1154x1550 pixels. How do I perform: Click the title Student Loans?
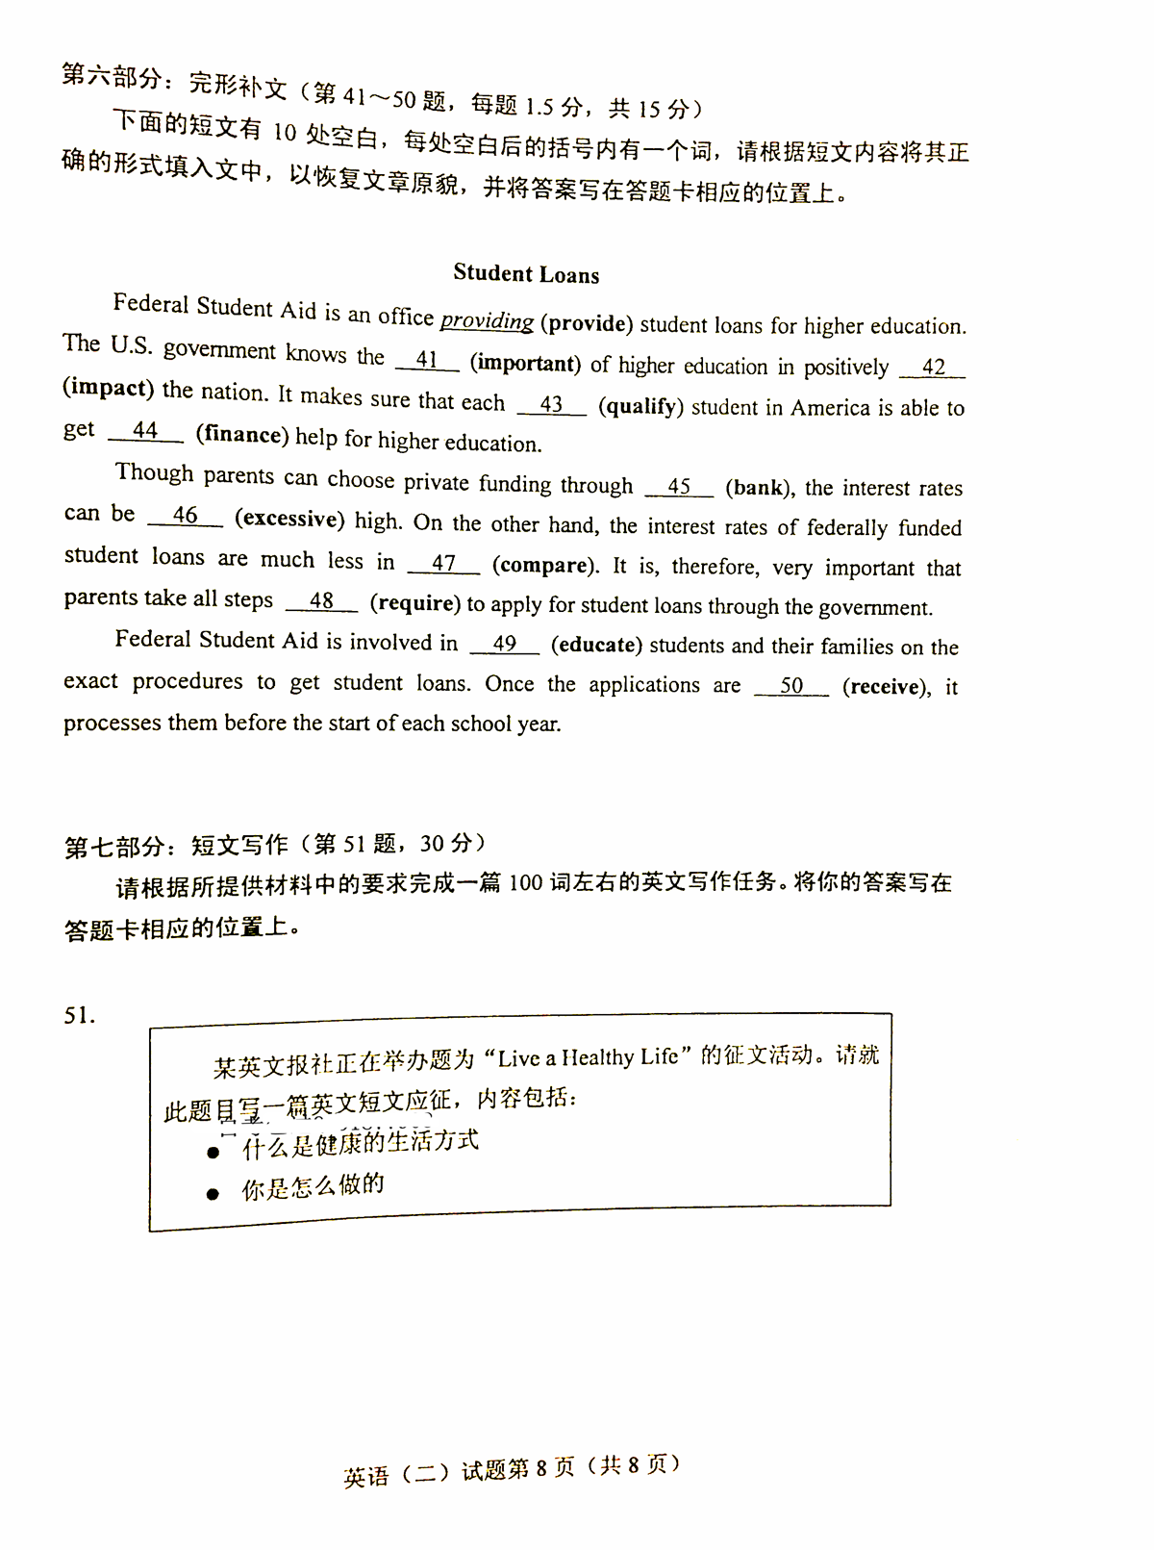[x=526, y=274]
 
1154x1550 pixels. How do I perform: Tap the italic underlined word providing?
[x=487, y=320]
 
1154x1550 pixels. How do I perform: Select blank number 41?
[x=427, y=360]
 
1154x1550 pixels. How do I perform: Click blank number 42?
[x=933, y=367]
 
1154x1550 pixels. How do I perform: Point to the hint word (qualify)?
[x=640, y=406]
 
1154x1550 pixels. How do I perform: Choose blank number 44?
[x=145, y=431]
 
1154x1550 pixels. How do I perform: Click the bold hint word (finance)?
[x=242, y=435]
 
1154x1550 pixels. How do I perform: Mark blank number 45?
[x=679, y=486]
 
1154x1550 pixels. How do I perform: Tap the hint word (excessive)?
[x=289, y=519]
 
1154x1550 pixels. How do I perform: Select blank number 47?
[x=443, y=563]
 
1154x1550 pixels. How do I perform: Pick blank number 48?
[x=321, y=600]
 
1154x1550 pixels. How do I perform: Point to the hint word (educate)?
[x=596, y=645]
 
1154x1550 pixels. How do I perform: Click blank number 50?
[x=791, y=685]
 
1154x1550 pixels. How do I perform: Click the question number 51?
[x=79, y=1016]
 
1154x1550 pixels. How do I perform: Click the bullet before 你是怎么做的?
[x=213, y=1194]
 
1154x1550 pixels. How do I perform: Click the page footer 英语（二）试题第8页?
[x=459, y=1472]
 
